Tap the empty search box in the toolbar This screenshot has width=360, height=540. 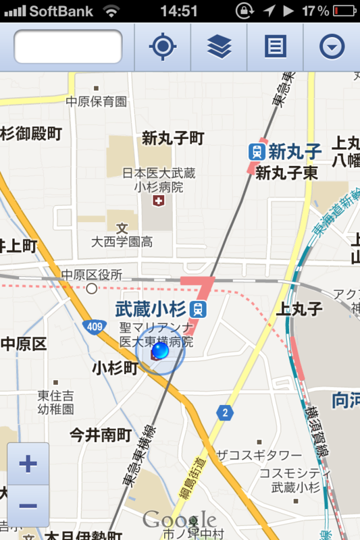click(x=68, y=47)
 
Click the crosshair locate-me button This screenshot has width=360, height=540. click(x=162, y=47)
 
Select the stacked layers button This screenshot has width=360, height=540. click(x=219, y=47)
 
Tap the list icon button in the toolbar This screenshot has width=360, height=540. click(x=276, y=47)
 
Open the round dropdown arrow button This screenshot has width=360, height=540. click(x=332, y=47)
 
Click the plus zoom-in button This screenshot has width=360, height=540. click(x=28, y=464)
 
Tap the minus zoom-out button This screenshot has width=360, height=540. click(x=28, y=506)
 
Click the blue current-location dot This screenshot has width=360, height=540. click(x=160, y=351)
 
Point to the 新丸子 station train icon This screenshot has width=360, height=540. click(x=257, y=151)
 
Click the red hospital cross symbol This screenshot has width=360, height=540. click(x=159, y=201)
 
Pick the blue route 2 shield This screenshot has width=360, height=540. click(x=224, y=412)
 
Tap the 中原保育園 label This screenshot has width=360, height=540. click(x=96, y=102)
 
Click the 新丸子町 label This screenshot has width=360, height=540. click(x=172, y=138)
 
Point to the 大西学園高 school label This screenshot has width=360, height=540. click(x=122, y=240)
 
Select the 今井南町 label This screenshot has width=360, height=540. click(x=101, y=434)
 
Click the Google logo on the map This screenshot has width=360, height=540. click(x=179, y=519)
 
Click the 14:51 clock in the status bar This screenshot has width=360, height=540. click(x=180, y=11)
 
